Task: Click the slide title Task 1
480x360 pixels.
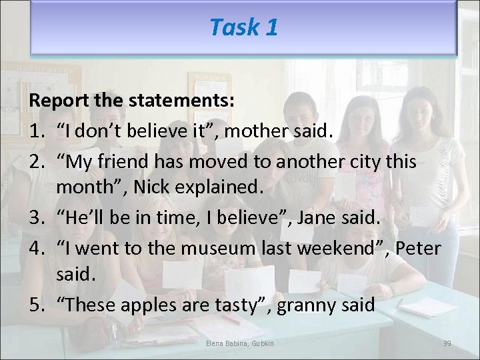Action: click(x=243, y=27)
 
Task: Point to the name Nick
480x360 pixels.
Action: click(x=151, y=188)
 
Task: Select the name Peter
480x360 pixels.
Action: click(x=418, y=248)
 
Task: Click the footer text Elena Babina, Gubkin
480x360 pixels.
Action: click(x=240, y=343)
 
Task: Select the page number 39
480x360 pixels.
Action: click(x=447, y=343)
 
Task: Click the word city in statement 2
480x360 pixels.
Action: click(x=371, y=161)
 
